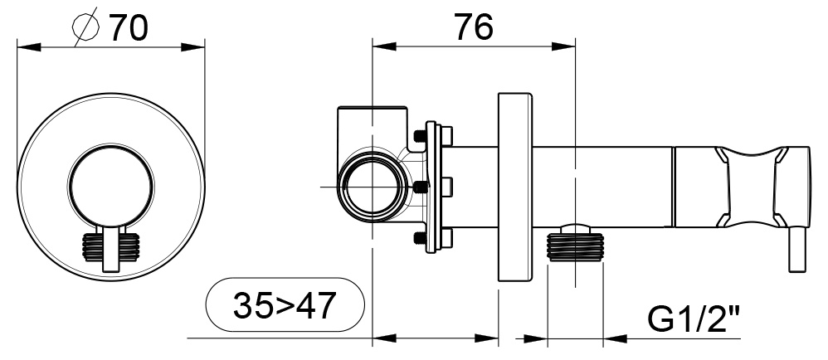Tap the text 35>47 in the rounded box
[284, 306]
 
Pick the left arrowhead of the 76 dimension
[382, 46]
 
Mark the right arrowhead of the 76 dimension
[566, 46]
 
